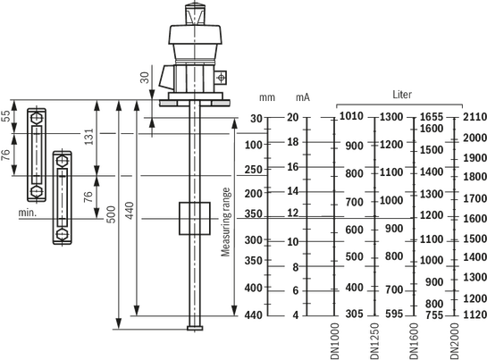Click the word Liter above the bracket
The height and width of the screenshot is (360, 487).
402,95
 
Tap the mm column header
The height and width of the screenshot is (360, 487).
267,98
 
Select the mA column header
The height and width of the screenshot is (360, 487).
303,97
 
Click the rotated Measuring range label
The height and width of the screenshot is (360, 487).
226,222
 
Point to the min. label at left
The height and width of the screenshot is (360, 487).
28,213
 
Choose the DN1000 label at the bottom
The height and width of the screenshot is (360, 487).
335,341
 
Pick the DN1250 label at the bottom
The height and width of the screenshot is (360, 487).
375,341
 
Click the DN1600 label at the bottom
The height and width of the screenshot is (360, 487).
414,341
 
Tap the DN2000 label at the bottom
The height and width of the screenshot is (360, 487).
455,341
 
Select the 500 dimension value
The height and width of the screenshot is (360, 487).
111,214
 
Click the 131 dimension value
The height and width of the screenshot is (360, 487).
89,137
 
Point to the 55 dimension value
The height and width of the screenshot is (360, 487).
6,116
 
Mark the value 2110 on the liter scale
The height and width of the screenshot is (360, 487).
474,117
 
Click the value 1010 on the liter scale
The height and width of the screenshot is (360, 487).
351,116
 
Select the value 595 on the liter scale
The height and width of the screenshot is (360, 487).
394,314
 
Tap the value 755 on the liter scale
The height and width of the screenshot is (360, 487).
434,315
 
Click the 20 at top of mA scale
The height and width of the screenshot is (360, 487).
292,117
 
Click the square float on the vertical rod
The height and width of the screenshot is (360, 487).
195,218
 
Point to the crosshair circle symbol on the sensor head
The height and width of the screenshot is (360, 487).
221,78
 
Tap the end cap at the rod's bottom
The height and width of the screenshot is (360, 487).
195,328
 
